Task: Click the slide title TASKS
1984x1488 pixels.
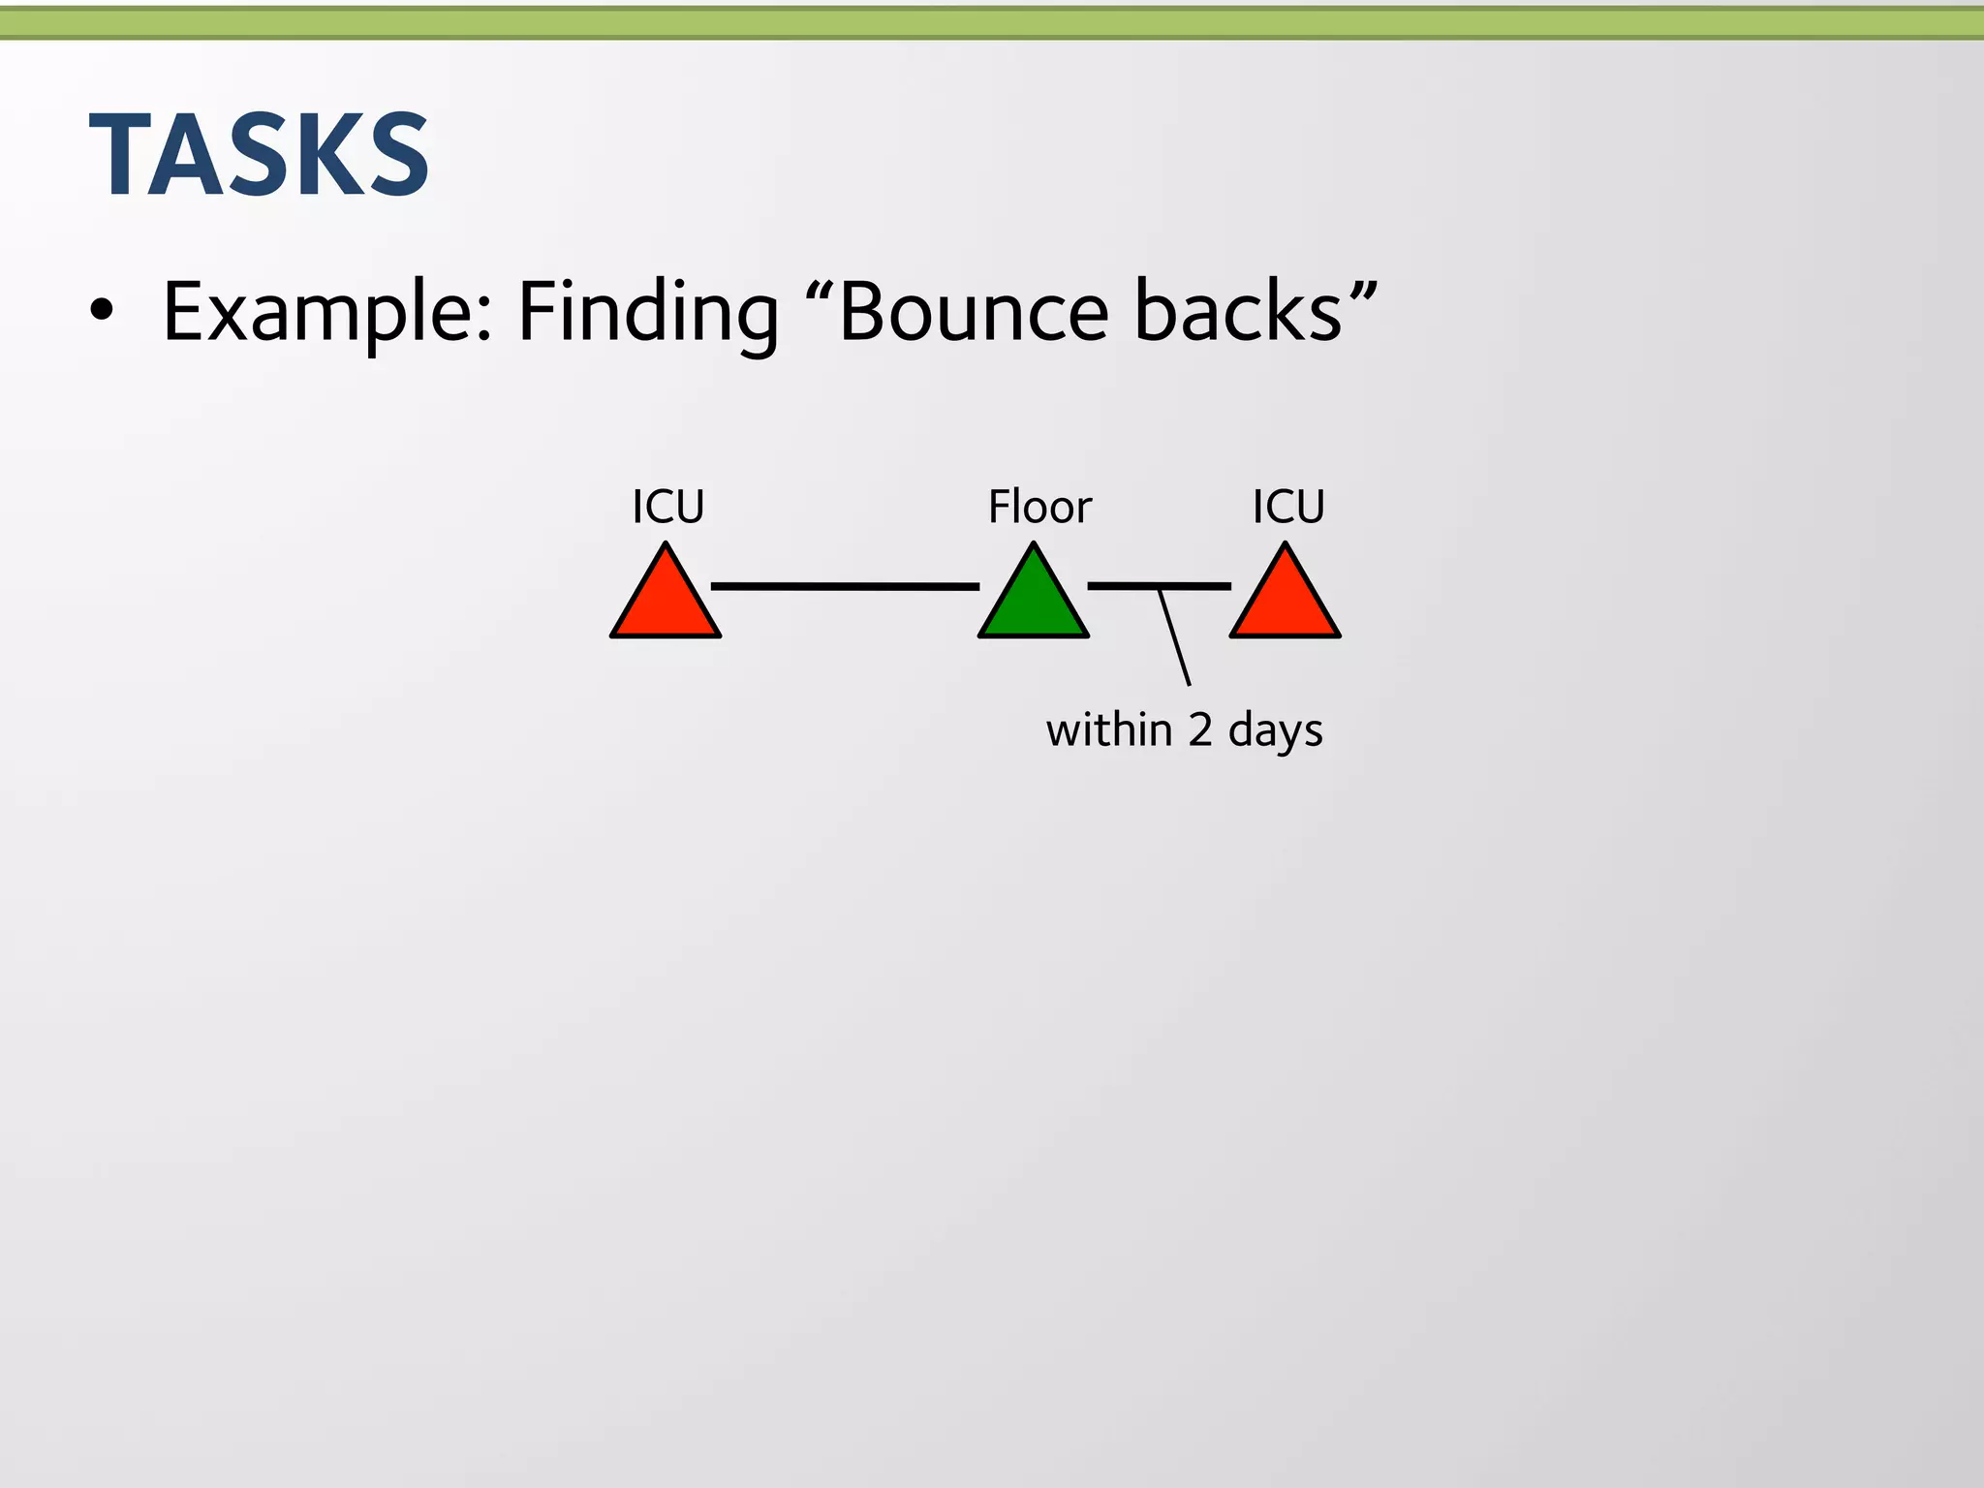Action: (260, 155)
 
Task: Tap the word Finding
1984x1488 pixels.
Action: (647, 312)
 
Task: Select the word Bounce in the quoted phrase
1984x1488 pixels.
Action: (973, 312)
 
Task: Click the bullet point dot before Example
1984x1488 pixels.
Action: (101, 312)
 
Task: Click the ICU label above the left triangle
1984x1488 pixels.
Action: (668, 507)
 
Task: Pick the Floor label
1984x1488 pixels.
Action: (1039, 507)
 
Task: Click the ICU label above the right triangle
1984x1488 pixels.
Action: (1288, 507)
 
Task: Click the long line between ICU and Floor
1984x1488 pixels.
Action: (845, 586)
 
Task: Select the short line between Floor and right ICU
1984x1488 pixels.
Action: (1124, 586)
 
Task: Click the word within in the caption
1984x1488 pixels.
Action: (1109, 729)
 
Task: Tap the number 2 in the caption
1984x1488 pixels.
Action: (1200, 729)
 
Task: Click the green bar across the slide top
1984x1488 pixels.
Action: (992, 23)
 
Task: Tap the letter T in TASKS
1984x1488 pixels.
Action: (119, 155)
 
